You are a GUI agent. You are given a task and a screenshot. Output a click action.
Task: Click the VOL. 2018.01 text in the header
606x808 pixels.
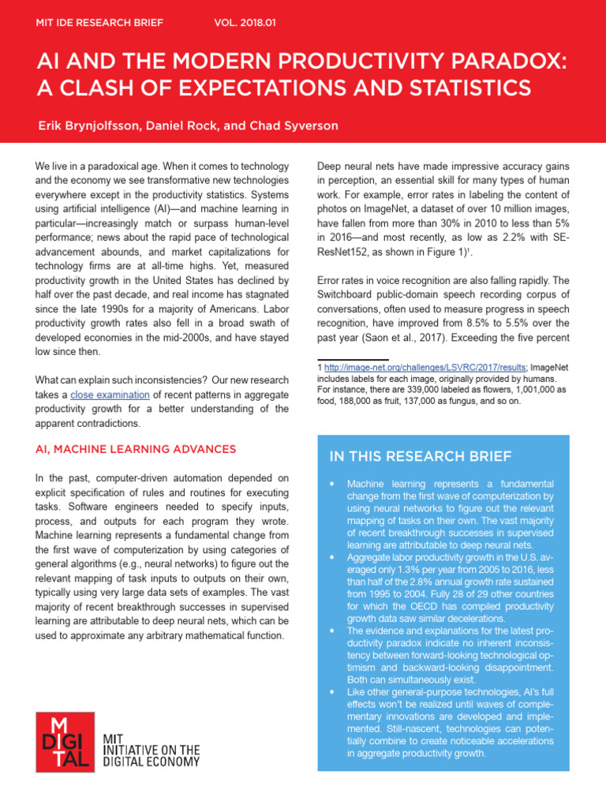pyautogui.click(x=245, y=23)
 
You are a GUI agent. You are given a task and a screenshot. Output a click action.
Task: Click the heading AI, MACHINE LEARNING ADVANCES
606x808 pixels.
pyautogui.click(x=136, y=449)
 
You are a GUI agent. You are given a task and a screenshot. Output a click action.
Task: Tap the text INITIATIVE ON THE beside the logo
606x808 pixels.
pyautogui.click(x=151, y=750)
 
